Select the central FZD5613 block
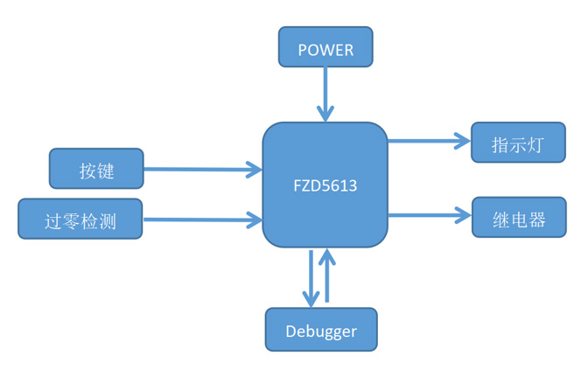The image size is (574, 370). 325,185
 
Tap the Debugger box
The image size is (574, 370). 321,330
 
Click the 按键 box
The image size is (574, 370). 96,169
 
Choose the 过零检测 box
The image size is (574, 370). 80,219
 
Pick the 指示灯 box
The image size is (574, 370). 518,143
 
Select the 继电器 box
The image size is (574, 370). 518,217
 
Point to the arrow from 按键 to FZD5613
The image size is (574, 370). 201,169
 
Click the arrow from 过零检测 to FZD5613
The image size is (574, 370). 201,219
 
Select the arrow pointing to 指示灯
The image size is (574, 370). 429,140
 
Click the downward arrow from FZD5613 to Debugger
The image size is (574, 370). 311,276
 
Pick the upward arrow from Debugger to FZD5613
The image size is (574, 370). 328,276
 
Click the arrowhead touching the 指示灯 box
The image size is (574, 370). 463,140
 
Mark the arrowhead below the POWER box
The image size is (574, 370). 325,114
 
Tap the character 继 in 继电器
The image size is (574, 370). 501,218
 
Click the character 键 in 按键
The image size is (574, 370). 106,170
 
